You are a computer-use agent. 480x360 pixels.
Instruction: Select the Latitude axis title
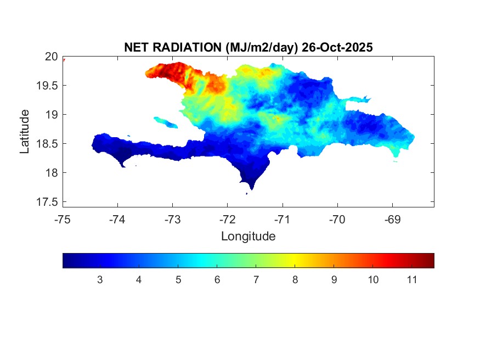tap(25, 131)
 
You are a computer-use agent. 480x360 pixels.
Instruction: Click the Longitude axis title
tap(248, 237)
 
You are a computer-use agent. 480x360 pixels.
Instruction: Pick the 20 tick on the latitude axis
tap(51, 56)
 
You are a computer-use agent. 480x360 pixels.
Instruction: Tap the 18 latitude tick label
tap(51, 173)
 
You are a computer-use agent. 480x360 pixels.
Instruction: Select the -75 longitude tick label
tap(63, 220)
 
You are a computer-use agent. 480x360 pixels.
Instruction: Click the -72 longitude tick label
tap(228, 220)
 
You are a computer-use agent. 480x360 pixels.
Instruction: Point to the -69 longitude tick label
tap(392, 220)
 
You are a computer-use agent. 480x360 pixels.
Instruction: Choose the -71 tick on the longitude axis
tap(283, 220)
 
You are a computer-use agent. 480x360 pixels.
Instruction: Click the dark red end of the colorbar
tap(431, 260)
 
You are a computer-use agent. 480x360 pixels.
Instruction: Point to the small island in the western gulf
tap(166, 122)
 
